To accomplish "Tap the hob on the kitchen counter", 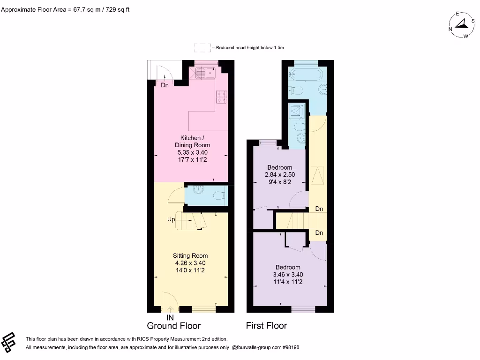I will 221,97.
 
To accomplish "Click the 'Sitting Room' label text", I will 190,255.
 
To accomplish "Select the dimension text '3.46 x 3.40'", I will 287,275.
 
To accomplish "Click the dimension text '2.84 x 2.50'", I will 280,175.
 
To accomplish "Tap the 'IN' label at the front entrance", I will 170,317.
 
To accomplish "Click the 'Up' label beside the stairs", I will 172,219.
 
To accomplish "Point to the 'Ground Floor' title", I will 173,326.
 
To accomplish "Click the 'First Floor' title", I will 266,326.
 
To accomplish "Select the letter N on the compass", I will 450,29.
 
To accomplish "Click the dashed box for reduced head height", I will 202,47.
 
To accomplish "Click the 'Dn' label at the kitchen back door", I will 165,85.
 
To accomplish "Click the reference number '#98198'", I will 289,348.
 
